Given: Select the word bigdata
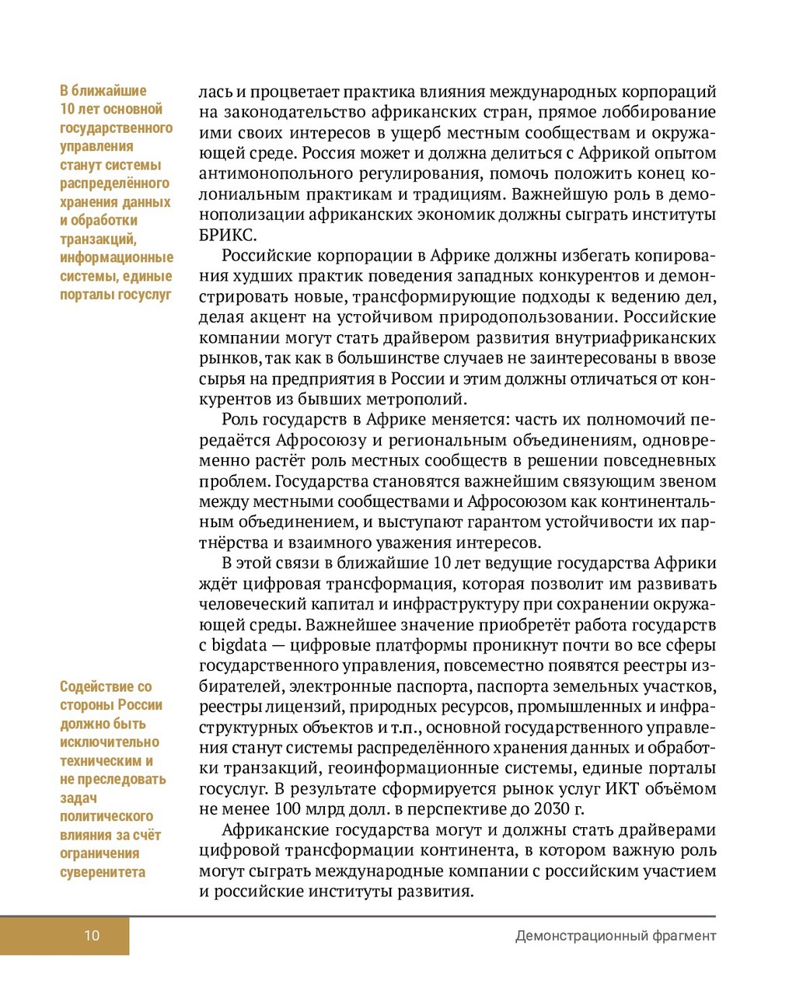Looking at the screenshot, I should (239, 645).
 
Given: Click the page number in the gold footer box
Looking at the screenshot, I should (92, 935).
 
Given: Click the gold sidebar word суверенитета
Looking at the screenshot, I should (103, 872).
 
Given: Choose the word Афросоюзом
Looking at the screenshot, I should (499, 501).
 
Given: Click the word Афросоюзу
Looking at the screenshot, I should (321, 440).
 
